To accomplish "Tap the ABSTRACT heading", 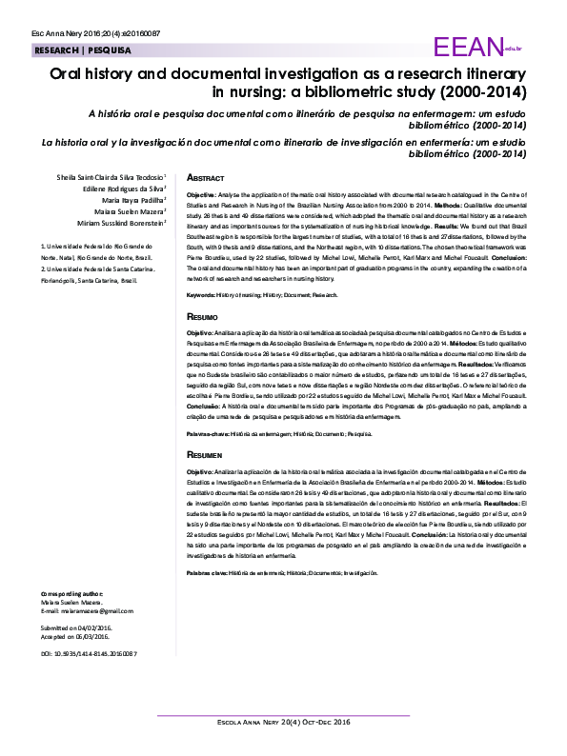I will pos(205,178).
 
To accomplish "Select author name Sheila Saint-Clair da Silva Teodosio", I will pos(112,177).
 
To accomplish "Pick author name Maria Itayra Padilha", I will pos(126,201).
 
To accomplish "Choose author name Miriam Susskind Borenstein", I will pos(117,224).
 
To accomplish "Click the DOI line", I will pos(89,654).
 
